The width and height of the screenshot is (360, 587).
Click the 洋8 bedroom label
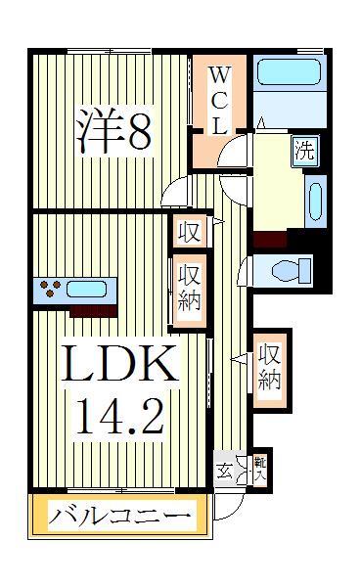pyautogui.click(x=114, y=130)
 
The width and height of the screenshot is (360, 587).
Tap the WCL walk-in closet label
pyautogui.click(x=220, y=100)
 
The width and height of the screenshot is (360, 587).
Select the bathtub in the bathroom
pyautogui.click(x=289, y=75)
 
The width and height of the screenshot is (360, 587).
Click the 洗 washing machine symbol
pyautogui.click(x=305, y=151)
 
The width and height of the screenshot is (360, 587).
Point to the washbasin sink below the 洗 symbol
pyautogui.click(x=314, y=201)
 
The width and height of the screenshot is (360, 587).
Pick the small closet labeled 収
pyautogui.click(x=189, y=232)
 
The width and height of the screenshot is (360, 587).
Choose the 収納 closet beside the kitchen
pyautogui.click(x=189, y=285)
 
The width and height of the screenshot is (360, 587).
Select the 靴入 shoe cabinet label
pyautogui.click(x=260, y=469)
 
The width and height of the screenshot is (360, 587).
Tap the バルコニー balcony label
pyautogui.click(x=119, y=515)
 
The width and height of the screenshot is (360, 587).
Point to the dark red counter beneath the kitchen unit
pyautogui.click(x=94, y=310)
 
